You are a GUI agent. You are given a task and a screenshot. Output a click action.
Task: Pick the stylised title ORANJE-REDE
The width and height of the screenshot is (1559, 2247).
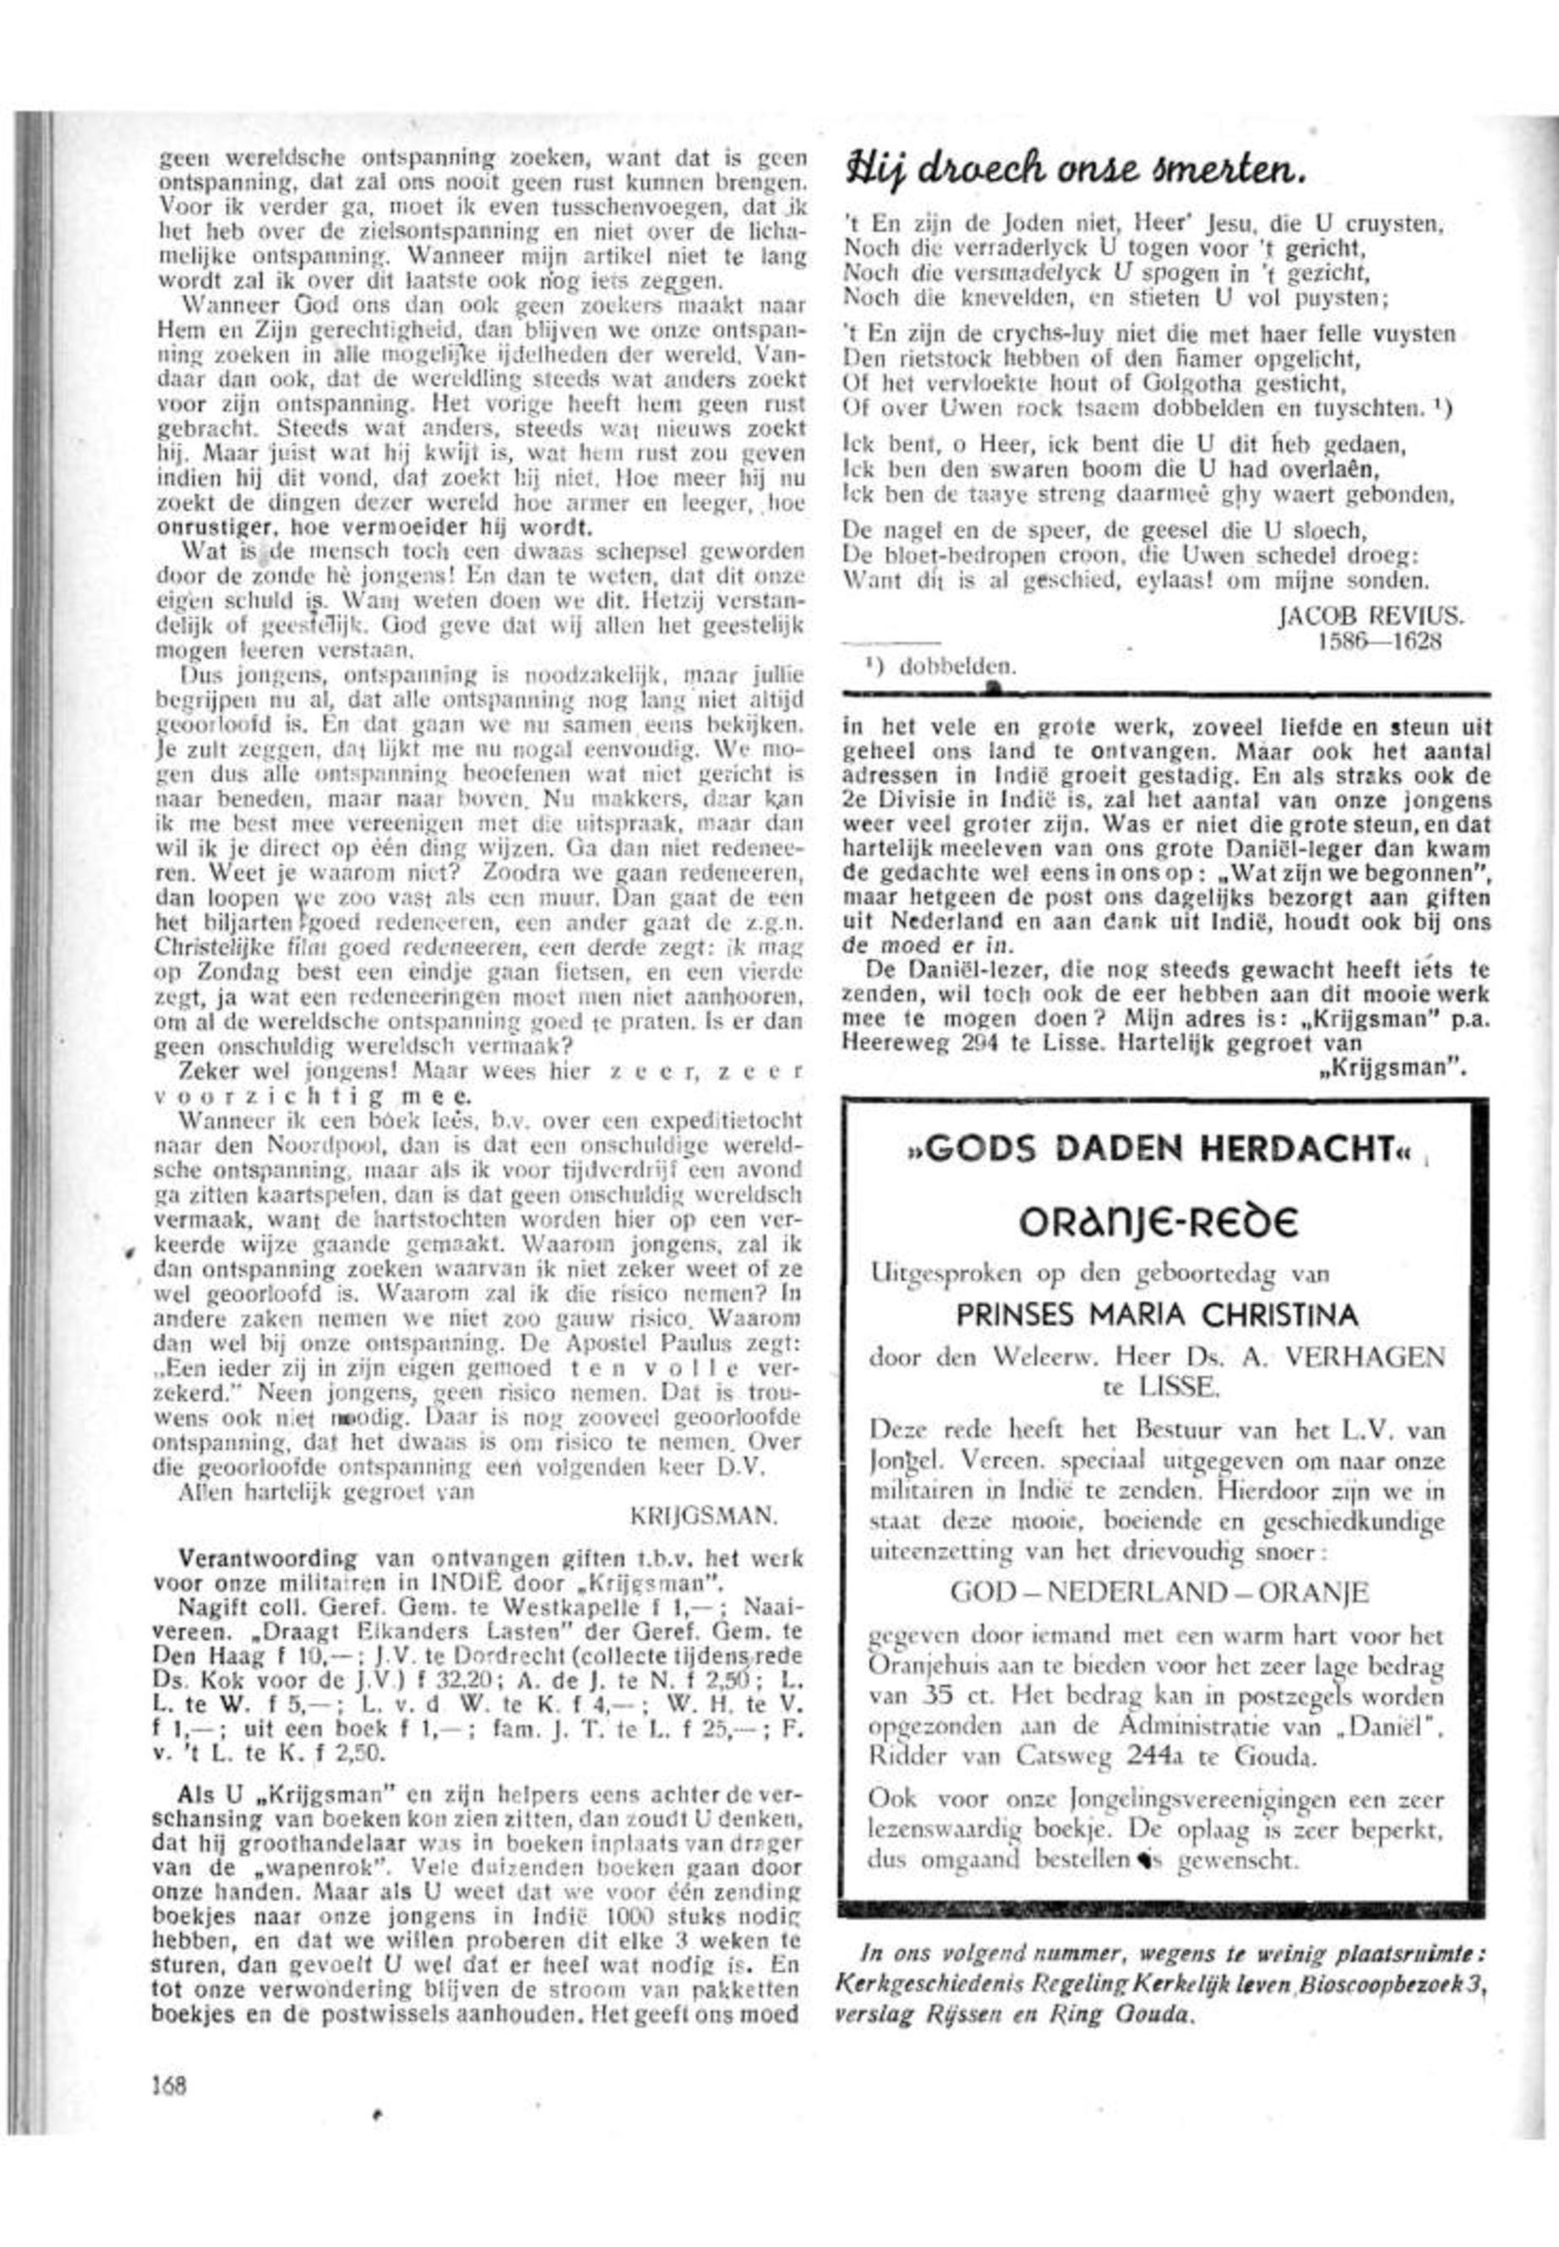pos(1159,1221)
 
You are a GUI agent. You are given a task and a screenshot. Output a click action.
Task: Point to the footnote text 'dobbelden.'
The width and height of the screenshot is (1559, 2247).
pos(957,668)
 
